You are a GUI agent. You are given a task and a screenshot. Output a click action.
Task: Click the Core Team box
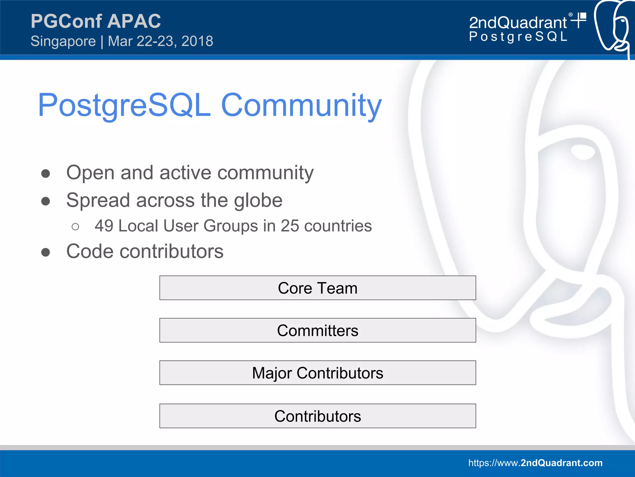[x=317, y=288]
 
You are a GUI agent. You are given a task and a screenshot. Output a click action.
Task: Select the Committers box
[x=317, y=330]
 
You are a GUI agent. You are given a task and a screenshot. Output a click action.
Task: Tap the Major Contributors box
[x=317, y=373]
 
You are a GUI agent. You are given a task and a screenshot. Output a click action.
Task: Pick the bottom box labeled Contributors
[x=317, y=416]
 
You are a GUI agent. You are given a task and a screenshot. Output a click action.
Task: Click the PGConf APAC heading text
[x=95, y=21]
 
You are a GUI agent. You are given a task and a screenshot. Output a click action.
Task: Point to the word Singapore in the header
[x=63, y=41]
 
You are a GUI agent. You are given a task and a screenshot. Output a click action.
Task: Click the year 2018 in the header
[x=197, y=41]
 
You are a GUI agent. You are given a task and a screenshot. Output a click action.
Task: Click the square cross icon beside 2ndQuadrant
[x=579, y=20]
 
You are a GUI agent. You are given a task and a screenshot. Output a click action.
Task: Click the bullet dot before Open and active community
[x=46, y=173]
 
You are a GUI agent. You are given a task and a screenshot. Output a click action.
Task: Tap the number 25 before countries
[x=290, y=226]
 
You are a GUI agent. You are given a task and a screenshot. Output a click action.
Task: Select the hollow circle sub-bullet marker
[x=75, y=227]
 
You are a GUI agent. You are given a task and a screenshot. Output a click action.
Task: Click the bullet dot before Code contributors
[x=46, y=252]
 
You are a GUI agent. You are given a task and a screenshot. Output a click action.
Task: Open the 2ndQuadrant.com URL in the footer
[x=535, y=463]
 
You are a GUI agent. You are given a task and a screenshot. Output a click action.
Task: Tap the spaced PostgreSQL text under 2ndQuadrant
[x=518, y=37]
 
